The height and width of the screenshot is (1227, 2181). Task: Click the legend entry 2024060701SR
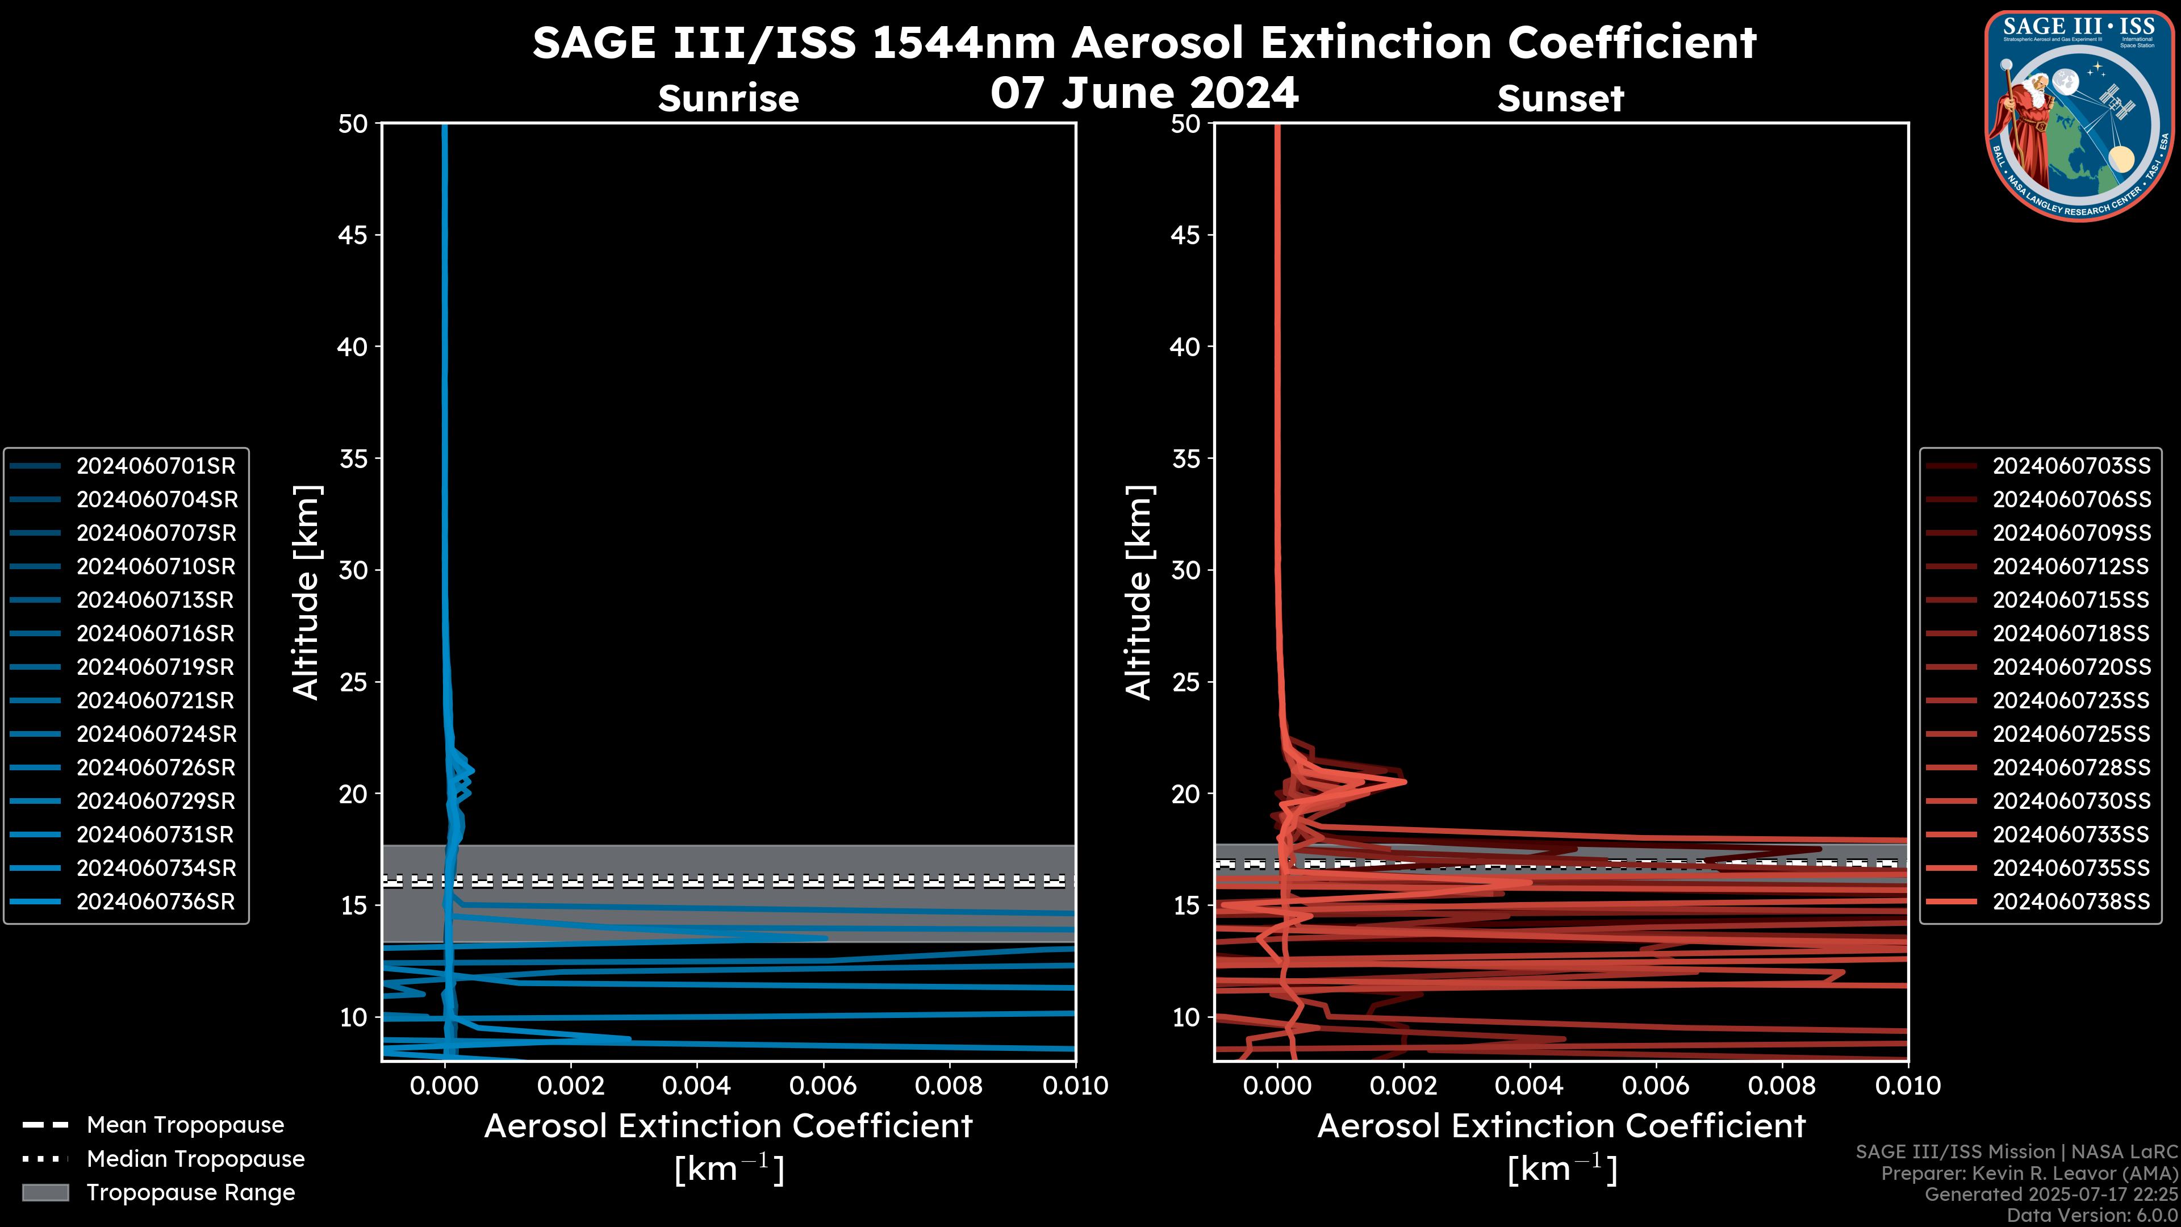tap(156, 466)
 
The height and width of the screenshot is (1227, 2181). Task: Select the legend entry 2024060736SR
tap(156, 902)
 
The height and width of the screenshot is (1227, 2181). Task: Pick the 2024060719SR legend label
tap(156, 667)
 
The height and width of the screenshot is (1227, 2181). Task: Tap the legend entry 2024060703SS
tap(2071, 466)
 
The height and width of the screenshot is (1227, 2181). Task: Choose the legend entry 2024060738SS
tap(2071, 902)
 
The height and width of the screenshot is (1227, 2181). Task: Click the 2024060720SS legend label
tap(2071, 667)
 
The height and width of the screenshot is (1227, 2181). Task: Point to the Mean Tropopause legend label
tap(185, 1125)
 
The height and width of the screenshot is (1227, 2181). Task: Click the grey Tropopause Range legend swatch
tap(45, 1192)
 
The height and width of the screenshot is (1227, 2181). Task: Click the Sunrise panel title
tap(728, 99)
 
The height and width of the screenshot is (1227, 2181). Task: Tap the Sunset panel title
tap(1560, 99)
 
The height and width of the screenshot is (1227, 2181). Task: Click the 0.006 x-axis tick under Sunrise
tap(823, 1086)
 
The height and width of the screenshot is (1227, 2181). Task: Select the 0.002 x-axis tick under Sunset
tap(1404, 1086)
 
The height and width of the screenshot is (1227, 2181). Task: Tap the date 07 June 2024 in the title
tap(1144, 93)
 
